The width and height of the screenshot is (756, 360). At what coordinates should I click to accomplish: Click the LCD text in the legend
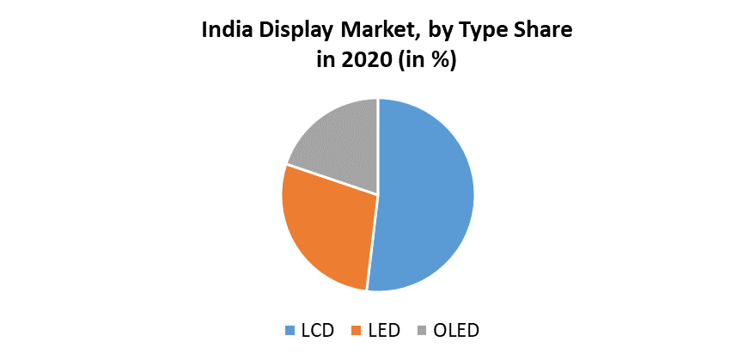click(315, 330)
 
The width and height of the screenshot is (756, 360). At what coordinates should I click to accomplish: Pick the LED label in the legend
click(382, 330)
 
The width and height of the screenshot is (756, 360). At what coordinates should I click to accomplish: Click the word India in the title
click(224, 33)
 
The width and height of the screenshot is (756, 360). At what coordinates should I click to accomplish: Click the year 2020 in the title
click(363, 62)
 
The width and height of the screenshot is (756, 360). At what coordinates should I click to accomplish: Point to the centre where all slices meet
click(378, 194)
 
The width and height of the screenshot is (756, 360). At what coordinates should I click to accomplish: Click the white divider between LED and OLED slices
click(332, 180)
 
